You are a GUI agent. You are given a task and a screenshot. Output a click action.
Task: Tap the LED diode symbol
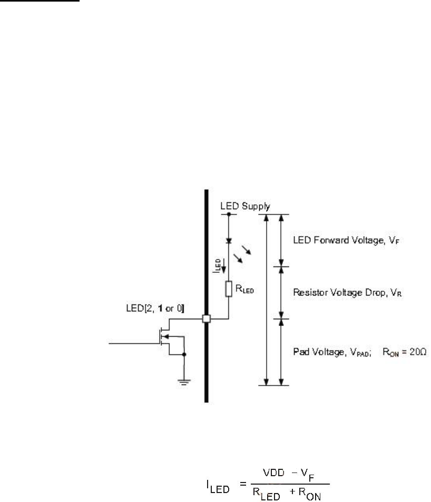(228, 240)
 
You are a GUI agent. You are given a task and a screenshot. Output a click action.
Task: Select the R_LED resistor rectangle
(228, 289)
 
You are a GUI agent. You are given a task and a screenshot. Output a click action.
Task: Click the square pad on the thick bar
(207, 319)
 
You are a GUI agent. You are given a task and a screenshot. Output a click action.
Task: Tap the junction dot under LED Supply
(228, 214)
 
